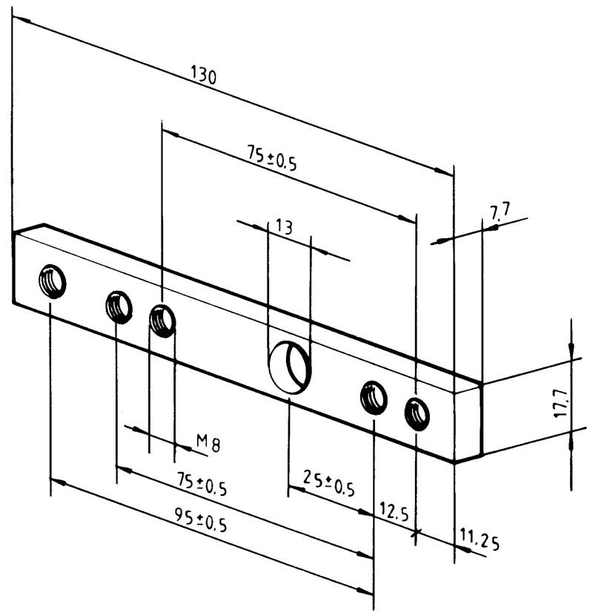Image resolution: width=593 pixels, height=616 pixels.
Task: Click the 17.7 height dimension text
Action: pyautogui.click(x=565, y=404)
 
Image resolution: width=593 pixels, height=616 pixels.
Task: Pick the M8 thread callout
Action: pyautogui.click(x=208, y=443)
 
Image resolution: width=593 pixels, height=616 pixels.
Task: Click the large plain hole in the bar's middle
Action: pyautogui.click(x=289, y=365)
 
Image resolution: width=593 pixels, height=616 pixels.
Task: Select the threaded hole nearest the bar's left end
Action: pyautogui.click(x=53, y=281)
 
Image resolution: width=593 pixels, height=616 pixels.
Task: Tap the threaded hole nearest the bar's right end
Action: pyautogui.click(x=417, y=413)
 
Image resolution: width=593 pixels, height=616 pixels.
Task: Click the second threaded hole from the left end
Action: pyautogui.click(x=119, y=305)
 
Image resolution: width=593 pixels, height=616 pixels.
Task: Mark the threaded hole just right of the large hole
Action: pyautogui.click(x=374, y=397)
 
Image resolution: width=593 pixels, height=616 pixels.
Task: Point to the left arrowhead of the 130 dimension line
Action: pyautogui.click(x=18, y=19)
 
